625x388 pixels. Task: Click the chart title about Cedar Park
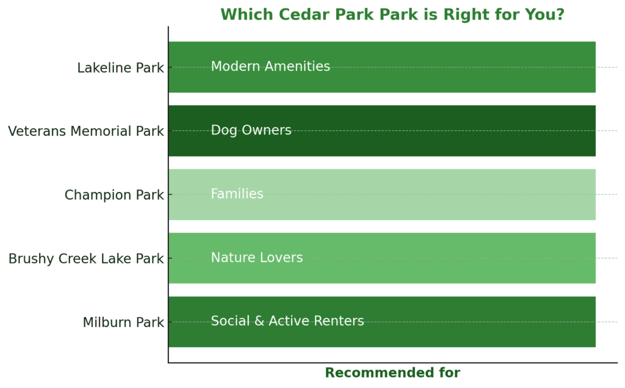[x=392, y=15]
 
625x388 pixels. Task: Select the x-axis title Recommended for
[x=392, y=373]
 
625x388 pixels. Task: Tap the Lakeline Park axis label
[x=120, y=68]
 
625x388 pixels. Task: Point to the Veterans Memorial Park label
[x=85, y=131]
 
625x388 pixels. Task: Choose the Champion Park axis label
[x=114, y=195]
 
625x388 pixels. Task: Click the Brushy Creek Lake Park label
[x=86, y=258]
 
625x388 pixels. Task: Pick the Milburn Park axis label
[x=123, y=322]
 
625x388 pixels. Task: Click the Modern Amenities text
[x=270, y=66]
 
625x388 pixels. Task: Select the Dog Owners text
[x=251, y=130]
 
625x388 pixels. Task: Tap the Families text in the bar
[x=237, y=194]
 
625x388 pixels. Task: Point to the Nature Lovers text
[x=257, y=257]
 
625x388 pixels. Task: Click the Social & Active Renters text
[x=287, y=321]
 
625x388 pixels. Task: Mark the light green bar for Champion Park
[x=382, y=194]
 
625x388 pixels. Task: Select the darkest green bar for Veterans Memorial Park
[x=382, y=131]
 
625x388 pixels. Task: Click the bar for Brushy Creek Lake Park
[x=382, y=258]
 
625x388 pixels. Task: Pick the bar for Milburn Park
[x=382, y=322]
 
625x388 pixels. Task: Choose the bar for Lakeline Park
[x=382, y=67]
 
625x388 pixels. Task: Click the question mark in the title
[x=560, y=15]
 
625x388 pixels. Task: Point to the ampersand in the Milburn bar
[x=259, y=321]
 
